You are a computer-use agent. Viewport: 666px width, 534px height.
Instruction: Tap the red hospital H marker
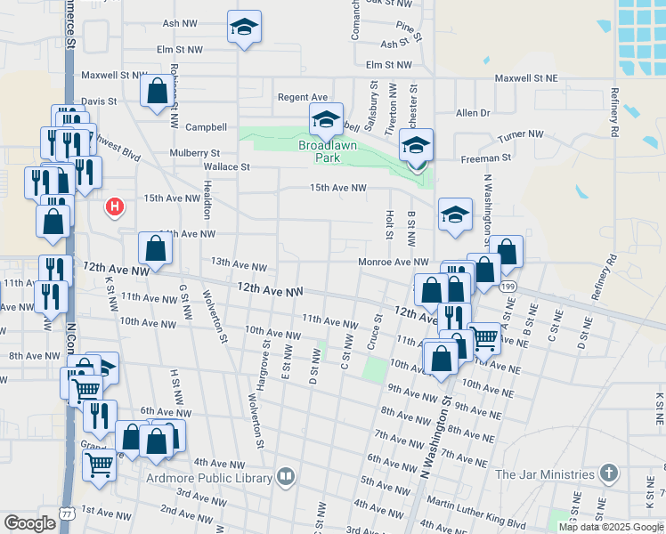pyautogui.click(x=114, y=207)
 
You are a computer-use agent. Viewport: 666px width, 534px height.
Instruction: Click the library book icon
pyautogui.click(x=285, y=477)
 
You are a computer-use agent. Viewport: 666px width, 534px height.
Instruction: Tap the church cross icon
pyautogui.click(x=608, y=473)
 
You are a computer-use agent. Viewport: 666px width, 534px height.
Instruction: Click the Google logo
pyautogui.click(x=29, y=522)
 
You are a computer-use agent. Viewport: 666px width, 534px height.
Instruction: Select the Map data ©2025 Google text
pyautogui.click(x=611, y=527)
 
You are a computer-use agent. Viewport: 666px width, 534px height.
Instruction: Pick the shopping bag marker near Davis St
pyautogui.click(x=157, y=91)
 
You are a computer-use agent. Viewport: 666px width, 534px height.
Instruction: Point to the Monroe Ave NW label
pyautogui.click(x=394, y=262)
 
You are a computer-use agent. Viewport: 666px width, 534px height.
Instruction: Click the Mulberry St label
pyautogui.click(x=195, y=153)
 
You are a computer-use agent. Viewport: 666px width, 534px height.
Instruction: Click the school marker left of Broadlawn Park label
pyautogui.click(x=326, y=119)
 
